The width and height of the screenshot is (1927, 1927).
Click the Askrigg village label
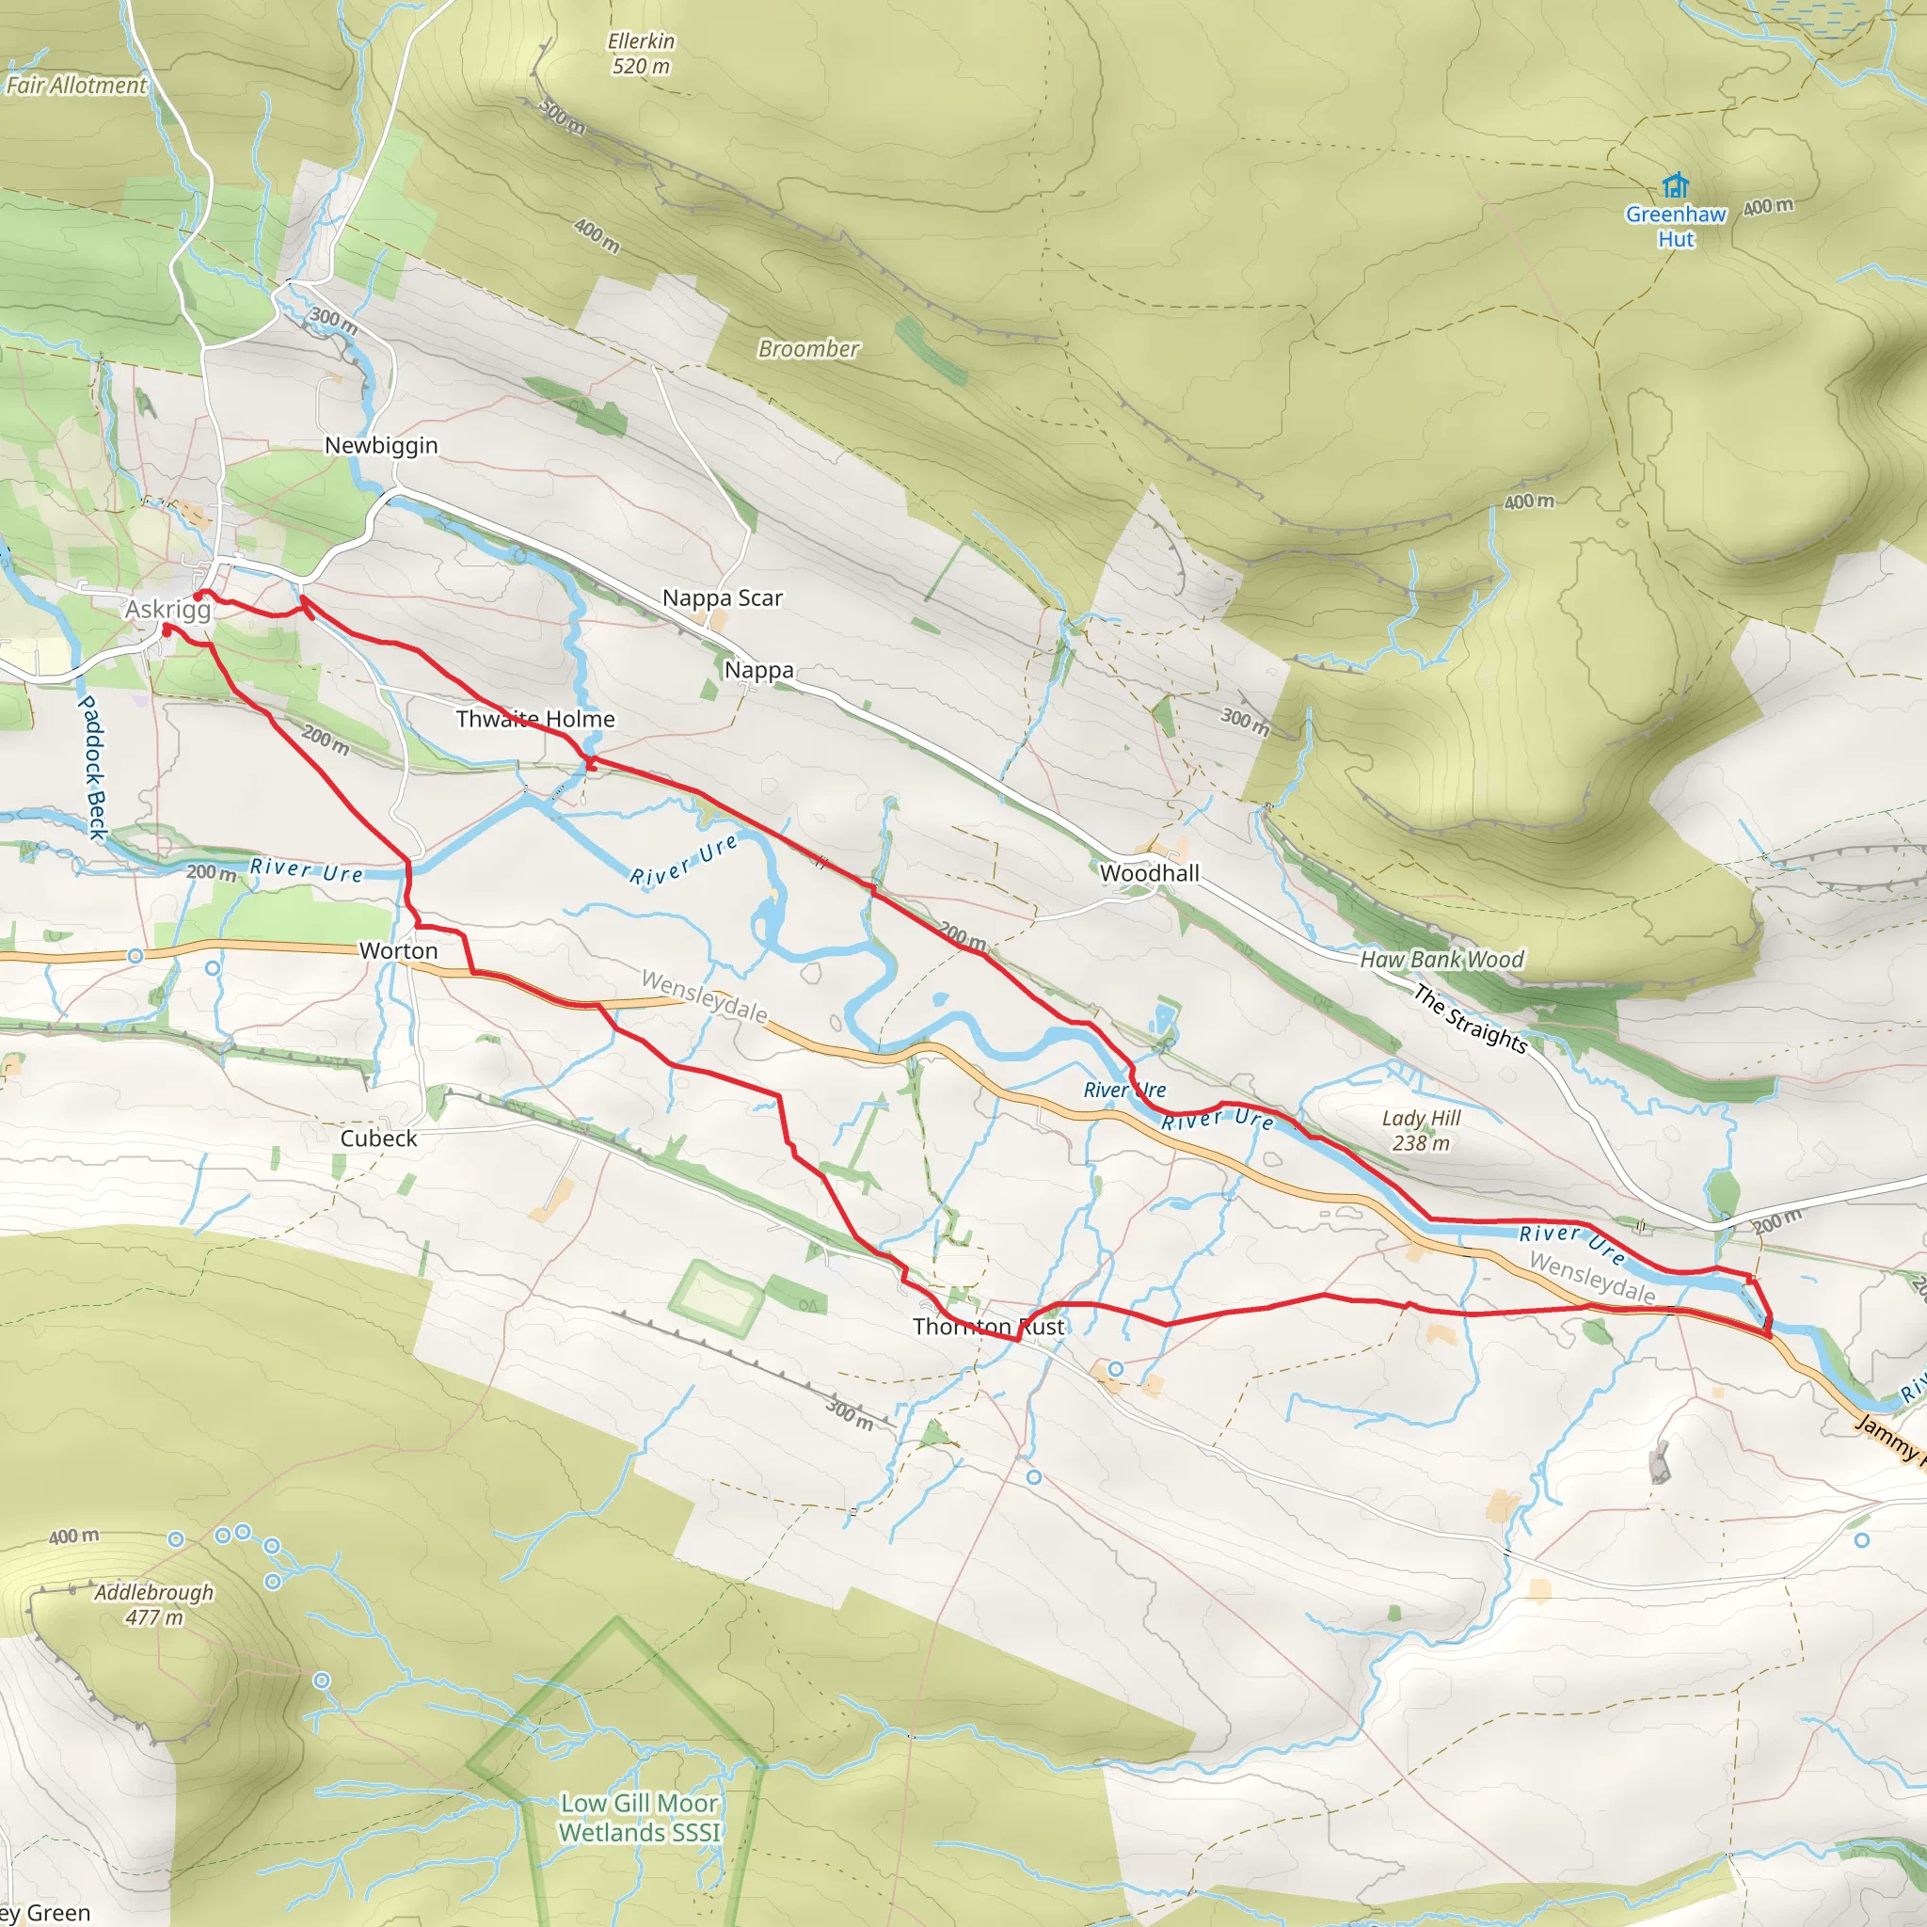tap(167, 610)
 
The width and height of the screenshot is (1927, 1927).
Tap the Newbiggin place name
tap(381, 446)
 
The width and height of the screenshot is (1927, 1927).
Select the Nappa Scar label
tap(722, 598)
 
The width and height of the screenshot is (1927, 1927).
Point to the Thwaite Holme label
tap(534, 719)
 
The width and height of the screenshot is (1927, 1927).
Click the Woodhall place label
tap(1149, 874)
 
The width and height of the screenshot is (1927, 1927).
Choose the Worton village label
tap(398, 951)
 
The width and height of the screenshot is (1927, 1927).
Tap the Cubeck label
tap(378, 1139)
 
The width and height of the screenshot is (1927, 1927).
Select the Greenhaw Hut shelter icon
tap(1676, 185)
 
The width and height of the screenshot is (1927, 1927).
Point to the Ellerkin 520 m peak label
tap(642, 54)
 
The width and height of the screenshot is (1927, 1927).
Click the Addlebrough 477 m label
tap(153, 1605)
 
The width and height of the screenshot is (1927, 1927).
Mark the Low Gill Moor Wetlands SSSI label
tap(638, 1817)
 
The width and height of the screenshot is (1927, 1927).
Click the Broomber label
tap(808, 349)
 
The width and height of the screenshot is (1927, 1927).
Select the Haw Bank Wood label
tap(1441, 960)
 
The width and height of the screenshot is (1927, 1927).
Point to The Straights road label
tap(1469, 1019)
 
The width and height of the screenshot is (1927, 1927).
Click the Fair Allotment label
tap(76, 86)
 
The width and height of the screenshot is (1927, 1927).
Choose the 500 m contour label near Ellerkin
tap(563, 117)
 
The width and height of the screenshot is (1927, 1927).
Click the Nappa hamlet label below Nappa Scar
tap(759, 670)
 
